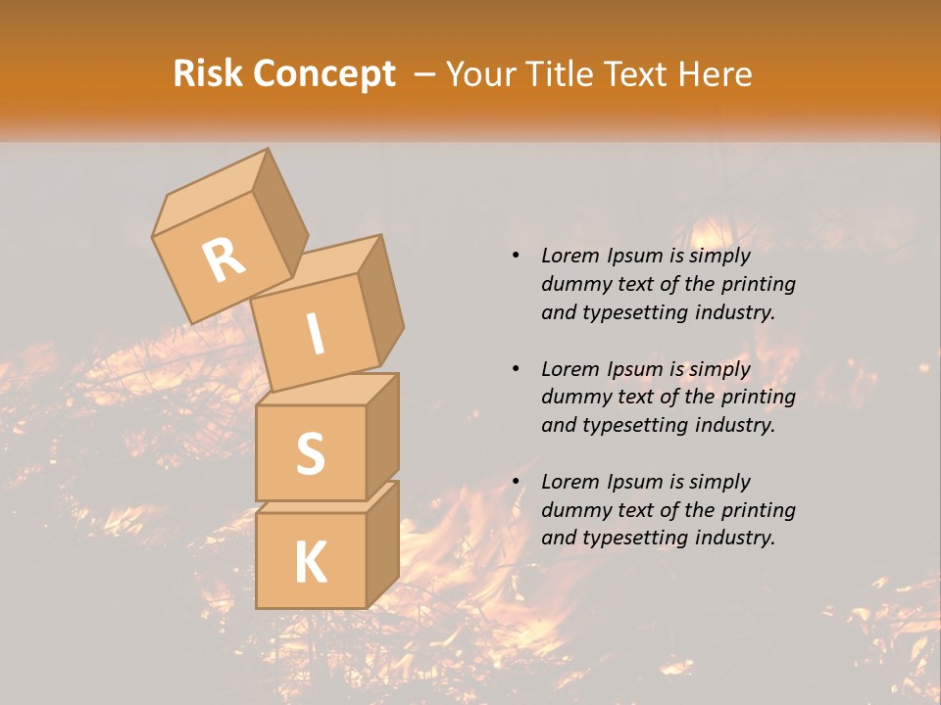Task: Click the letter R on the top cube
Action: tap(224, 259)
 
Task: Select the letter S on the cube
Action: tap(310, 453)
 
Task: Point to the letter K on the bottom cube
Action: tap(310, 563)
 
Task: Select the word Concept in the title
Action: tap(324, 74)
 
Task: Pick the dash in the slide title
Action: tap(424, 74)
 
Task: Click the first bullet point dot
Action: tap(516, 257)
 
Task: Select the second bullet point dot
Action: tap(516, 369)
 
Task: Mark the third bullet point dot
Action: tap(516, 483)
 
